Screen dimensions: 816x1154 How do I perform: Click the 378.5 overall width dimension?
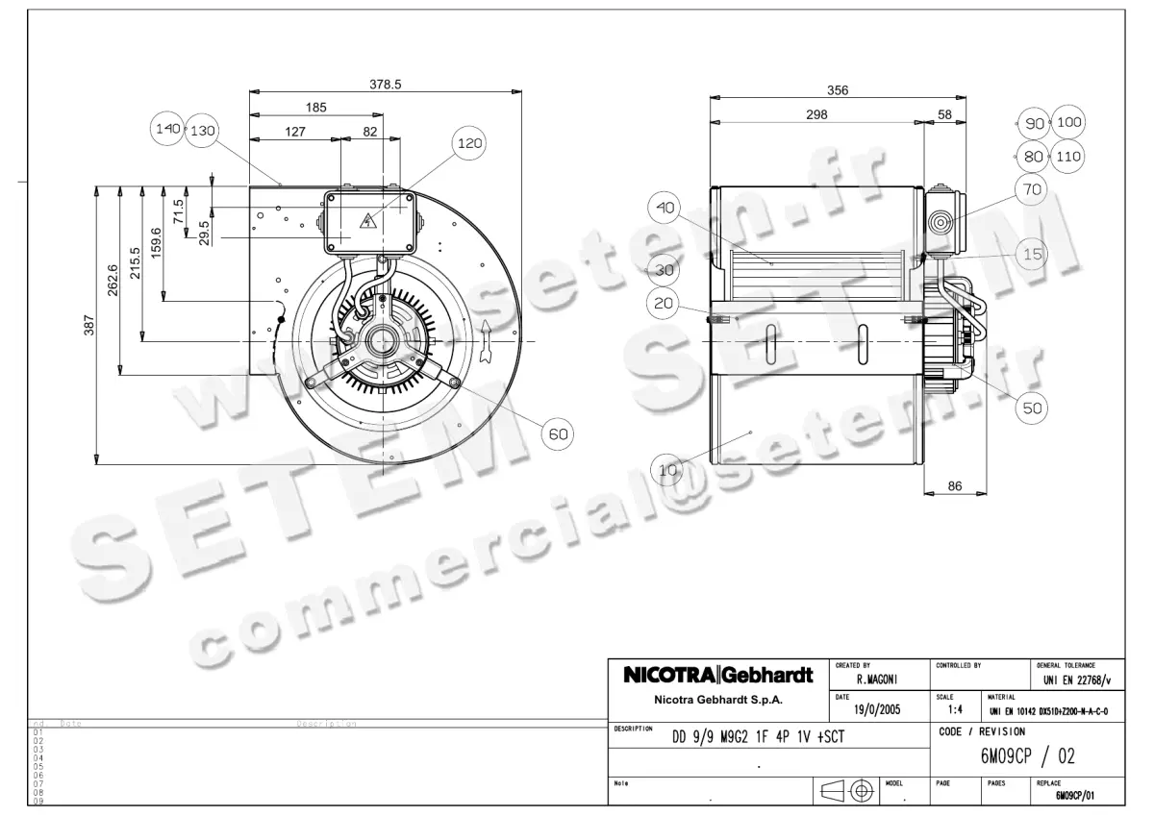click(386, 85)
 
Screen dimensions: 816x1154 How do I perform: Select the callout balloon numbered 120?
click(469, 143)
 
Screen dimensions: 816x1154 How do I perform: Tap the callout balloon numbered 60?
click(559, 434)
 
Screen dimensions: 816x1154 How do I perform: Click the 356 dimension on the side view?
click(838, 90)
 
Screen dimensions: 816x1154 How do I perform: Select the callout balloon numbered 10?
click(668, 469)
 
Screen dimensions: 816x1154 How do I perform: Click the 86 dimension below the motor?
click(955, 486)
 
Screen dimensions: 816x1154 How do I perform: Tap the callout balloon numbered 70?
click(1031, 189)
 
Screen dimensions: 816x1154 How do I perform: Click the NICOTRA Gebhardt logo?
click(718, 675)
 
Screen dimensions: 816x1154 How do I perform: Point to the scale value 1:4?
click(956, 710)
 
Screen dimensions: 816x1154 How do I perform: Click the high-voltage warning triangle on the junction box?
click(367, 225)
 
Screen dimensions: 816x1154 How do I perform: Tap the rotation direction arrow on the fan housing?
click(488, 341)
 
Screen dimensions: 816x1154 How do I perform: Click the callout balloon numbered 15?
click(1033, 254)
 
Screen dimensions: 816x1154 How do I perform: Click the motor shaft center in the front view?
click(383, 340)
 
